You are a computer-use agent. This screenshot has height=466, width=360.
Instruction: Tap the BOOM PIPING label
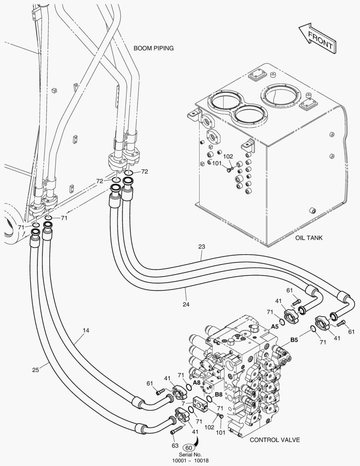click(x=153, y=48)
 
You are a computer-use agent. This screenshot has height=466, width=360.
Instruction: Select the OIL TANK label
click(x=309, y=238)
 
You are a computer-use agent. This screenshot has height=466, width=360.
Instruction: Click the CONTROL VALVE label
click(x=275, y=440)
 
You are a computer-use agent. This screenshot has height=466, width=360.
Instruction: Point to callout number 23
click(x=202, y=247)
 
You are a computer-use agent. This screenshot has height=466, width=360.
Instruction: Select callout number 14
click(x=86, y=331)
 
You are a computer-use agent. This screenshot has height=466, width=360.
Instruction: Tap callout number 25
click(x=36, y=369)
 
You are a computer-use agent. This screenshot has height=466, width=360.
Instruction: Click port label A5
click(x=275, y=326)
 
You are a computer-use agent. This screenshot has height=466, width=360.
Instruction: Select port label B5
click(x=294, y=340)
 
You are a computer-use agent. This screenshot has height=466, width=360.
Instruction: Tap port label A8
click(x=197, y=382)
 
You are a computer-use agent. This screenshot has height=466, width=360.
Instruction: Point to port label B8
click(x=219, y=394)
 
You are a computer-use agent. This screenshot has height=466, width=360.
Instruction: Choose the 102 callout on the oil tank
click(x=228, y=157)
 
